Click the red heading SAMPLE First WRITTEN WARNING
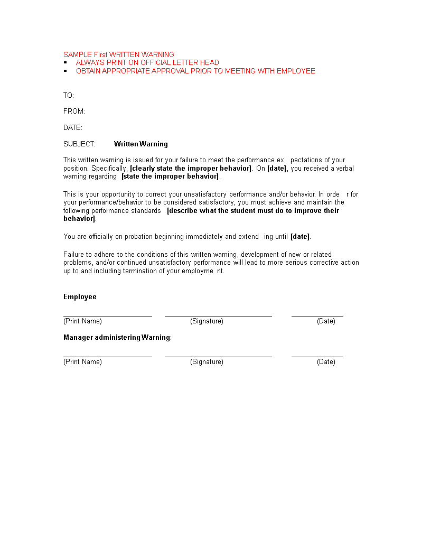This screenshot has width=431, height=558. pyautogui.click(x=118, y=54)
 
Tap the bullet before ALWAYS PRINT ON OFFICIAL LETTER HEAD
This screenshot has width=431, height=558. pyautogui.click(x=65, y=62)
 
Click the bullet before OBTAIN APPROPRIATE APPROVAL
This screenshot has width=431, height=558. pyautogui.click(x=65, y=71)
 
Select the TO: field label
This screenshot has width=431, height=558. pyautogui.click(x=69, y=95)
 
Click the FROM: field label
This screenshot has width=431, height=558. pyautogui.click(x=74, y=111)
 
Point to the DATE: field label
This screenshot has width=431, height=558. pyautogui.click(x=73, y=127)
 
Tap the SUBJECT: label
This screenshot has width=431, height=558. pyautogui.click(x=79, y=144)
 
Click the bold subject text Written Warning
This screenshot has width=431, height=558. pyautogui.click(x=141, y=144)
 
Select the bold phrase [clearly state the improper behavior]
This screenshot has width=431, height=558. pyautogui.click(x=191, y=169)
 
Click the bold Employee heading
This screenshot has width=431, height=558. pyautogui.click(x=80, y=296)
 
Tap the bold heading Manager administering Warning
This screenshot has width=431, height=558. pyautogui.click(x=117, y=337)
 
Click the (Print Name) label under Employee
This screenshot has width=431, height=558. pyautogui.click(x=82, y=321)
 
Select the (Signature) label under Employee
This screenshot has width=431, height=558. pyautogui.click(x=207, y=321)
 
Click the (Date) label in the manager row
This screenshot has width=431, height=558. pyautogui.click(x=326, y=362)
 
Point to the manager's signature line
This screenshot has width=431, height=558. pyautogui.click(x=218, y=357)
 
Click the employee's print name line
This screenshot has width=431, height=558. pyautogui.click(x=108, y=316)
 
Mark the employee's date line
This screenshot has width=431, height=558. pyautogui.click(x=317, y=316)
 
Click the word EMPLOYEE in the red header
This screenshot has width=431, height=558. pyautogui.click(x=296, y=71)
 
